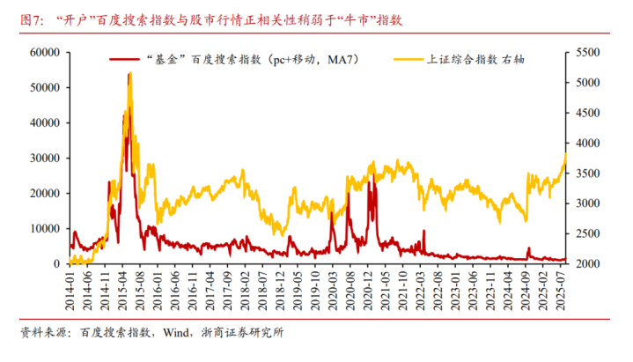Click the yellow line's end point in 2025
565,154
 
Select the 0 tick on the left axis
55,264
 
